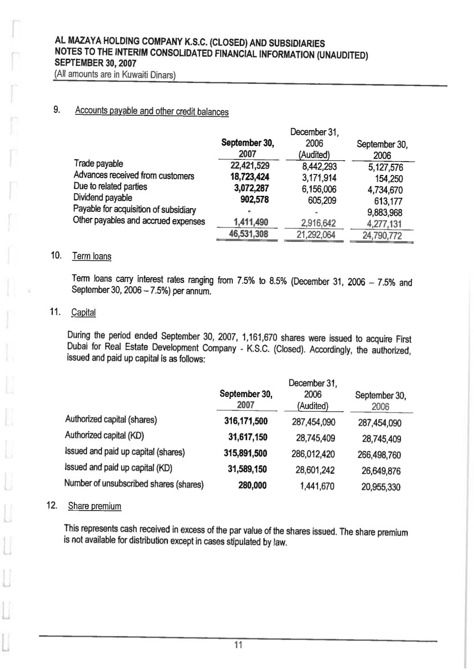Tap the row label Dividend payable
point(103,198)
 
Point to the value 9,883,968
point(385,212)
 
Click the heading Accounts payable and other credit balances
point(152,111)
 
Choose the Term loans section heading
point(92,256)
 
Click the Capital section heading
point(83,313)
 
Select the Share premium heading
point(94,506)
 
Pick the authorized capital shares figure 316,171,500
point(246,420)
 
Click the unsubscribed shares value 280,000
point(252,486)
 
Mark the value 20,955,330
point(381,487)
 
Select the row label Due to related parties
point(110,186)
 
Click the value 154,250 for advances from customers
point(389,179)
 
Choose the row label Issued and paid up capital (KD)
point(118,468)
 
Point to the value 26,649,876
point(381,471)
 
